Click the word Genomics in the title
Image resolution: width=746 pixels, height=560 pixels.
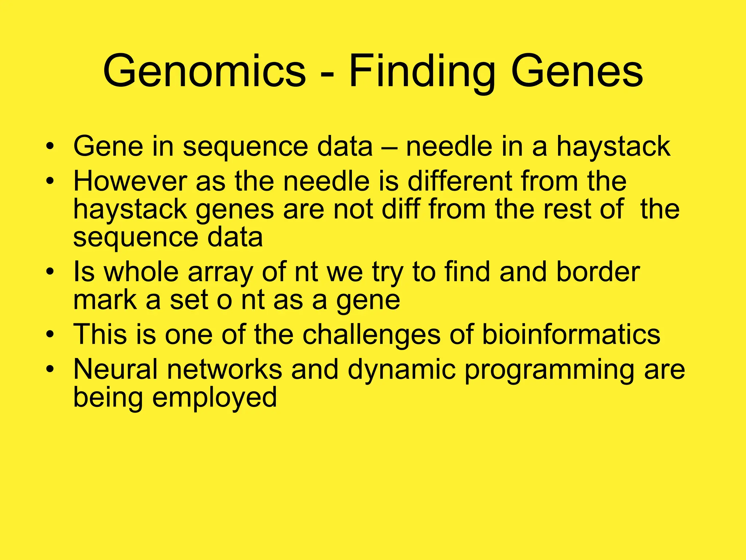[204, 71]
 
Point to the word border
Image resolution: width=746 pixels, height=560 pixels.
[598, 272]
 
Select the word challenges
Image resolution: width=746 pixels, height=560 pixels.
[371, 335]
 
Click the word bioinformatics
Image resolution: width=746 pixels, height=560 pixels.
[571, 334]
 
